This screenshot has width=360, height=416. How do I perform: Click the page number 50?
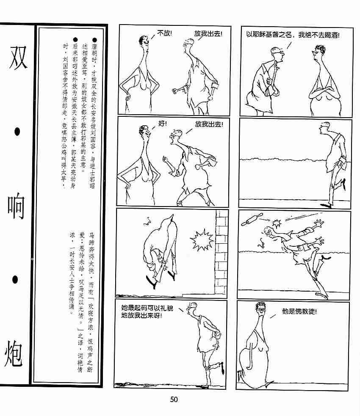point(174,399)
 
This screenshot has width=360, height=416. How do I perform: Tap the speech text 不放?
point(165,33)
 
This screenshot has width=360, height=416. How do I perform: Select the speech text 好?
point(163,124)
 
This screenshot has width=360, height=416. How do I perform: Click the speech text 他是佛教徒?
point(299,311)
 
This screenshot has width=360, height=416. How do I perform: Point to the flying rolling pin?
point(252,220)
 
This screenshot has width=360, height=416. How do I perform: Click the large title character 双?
point(18,58)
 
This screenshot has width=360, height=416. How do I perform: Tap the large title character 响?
point(16,208)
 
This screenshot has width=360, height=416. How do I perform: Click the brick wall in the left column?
point(222,252)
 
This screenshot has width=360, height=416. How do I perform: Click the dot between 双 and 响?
point(17,132)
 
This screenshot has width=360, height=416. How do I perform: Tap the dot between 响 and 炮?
point(15,279)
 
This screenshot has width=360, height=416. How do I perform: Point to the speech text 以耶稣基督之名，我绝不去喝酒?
point(293,35)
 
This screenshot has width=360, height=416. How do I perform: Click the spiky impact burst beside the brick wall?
point(202,240)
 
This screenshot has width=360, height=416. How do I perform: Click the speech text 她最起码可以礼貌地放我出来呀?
point(147,312)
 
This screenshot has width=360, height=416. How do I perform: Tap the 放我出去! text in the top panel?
point(208,34)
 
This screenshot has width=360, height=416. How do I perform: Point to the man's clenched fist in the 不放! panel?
point(175,91)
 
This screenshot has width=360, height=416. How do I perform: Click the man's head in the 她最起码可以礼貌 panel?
point(192,308)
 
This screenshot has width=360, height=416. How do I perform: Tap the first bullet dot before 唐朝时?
point(94,40)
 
